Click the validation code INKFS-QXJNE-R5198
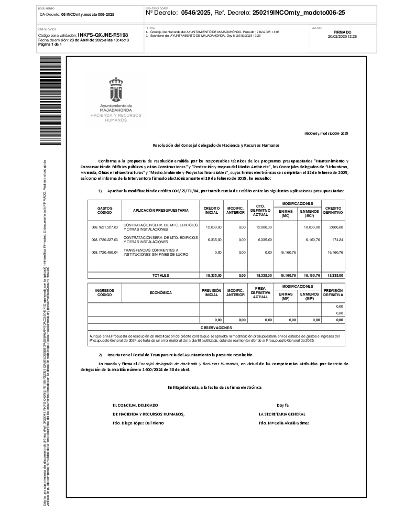[x=103, y=35]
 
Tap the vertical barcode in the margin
[x=50, y=100]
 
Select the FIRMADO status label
[x=342, y=32]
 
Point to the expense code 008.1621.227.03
[x=105, y=227]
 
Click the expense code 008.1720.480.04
[x=105, y=252]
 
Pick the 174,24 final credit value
[x=337, y=239]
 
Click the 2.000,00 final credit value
[x=335, y=227]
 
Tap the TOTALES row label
[x=160, y=275]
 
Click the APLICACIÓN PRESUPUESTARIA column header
[x=160, y=210]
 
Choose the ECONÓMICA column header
[x=160, y=293]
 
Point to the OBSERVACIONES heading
[x=216, y=327]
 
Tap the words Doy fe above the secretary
[x=283, y=405]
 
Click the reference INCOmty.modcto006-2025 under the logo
[x=326, y=134]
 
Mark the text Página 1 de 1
[x=50, y=44]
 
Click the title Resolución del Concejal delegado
[x=216, y=145]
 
